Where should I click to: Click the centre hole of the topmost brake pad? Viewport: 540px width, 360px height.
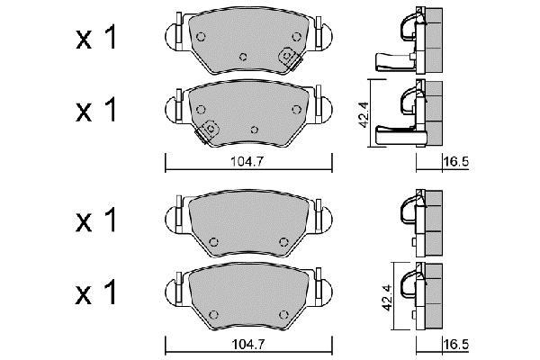[x=243, y=57]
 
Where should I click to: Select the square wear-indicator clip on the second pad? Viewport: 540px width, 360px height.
[x=208, y=130]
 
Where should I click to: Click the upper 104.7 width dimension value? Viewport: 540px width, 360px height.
[x=247, y=162]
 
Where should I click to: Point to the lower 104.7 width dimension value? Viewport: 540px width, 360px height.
[x=248, y=344]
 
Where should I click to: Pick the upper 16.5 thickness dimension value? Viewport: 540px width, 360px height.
[x=456, y=162]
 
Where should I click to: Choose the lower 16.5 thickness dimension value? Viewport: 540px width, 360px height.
[x=456, y=344]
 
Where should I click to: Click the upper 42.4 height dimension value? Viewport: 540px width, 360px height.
[x=364, y=114]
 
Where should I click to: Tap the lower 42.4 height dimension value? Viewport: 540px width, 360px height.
[x=387, y=298]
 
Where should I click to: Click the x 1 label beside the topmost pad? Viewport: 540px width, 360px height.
[x=96, y=38]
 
